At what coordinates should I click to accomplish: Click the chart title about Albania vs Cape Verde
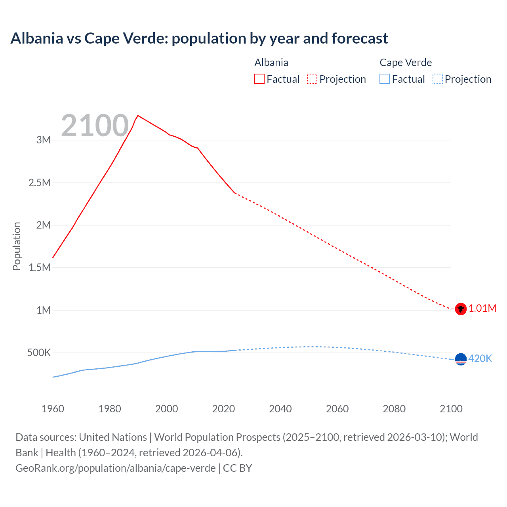[199, 38]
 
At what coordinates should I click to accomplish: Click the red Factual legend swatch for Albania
[259, 79]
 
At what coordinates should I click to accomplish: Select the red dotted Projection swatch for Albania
[312, 79]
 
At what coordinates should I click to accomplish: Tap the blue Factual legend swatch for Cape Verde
[384, 79]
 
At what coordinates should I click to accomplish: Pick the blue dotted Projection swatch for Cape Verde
[437, 79]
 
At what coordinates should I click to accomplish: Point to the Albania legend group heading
[271, 63]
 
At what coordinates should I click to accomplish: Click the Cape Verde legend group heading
[406, 63]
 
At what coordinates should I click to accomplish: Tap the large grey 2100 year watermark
[95, 126]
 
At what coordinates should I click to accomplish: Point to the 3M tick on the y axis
[44, 140]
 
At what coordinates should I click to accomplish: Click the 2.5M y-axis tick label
[40, 183]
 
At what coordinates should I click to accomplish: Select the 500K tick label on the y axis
[39, 353]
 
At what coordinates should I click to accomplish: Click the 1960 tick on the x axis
[53, 409]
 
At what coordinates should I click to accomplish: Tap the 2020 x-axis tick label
[223, 409]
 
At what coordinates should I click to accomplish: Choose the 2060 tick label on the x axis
[337, 409]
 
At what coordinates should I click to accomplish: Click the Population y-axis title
[17, 246]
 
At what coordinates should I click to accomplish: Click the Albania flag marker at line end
[461, 309]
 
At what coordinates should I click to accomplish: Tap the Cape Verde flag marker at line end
[461, 359]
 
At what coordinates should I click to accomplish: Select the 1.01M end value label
[482, 308]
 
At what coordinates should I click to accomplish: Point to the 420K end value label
[480, 358]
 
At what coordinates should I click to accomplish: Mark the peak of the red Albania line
[137, 116]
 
